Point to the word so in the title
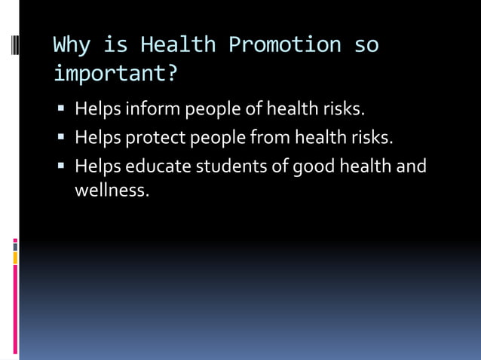[x=366, y=45]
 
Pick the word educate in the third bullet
[x=159, y=165]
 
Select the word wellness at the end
[x=111, y=191]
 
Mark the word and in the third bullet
[x=412, y=165]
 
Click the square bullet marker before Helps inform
[x=62, y=111]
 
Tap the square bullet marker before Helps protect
[x=62, y=139]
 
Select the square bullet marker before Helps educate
[x=62, y=166]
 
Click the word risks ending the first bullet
[x=343, y=110]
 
